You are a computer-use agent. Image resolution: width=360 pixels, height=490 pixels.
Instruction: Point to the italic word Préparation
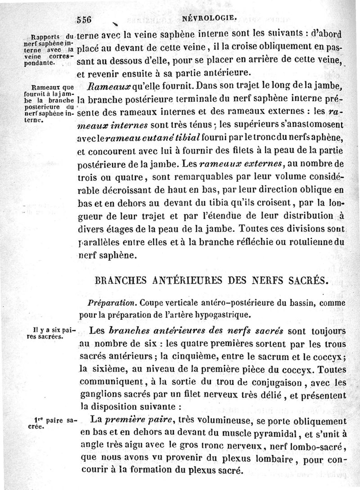click(x=108, y=300)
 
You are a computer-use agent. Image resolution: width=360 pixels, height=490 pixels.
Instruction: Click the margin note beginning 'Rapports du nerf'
click(x=48, y=49)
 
